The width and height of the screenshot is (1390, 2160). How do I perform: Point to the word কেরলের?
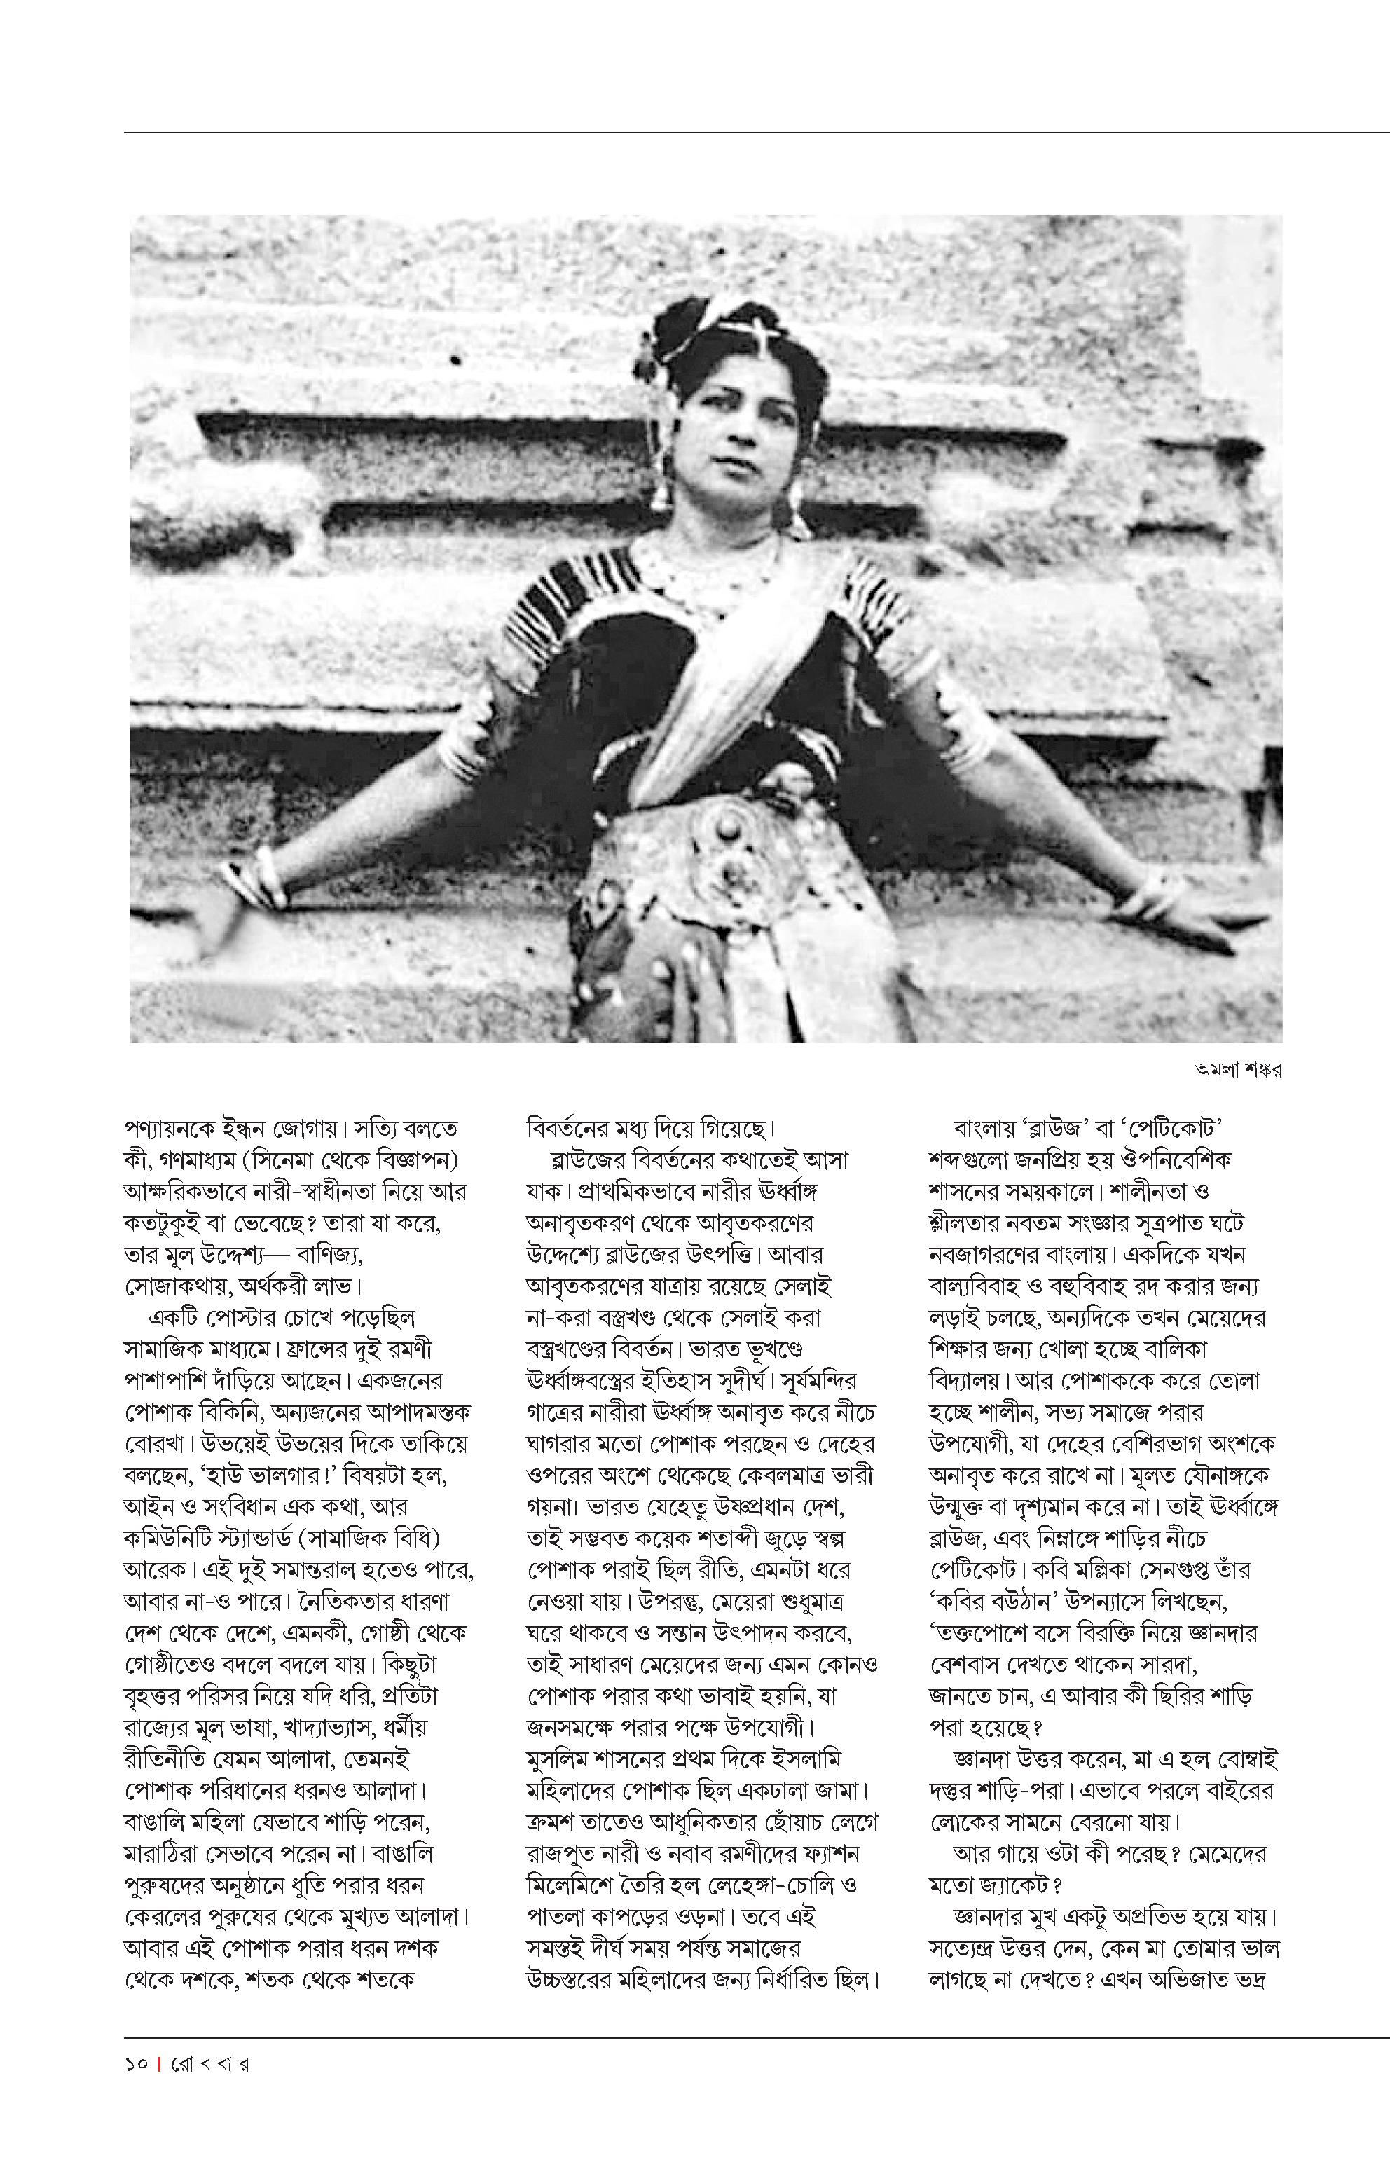[x=163, y=1916]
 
